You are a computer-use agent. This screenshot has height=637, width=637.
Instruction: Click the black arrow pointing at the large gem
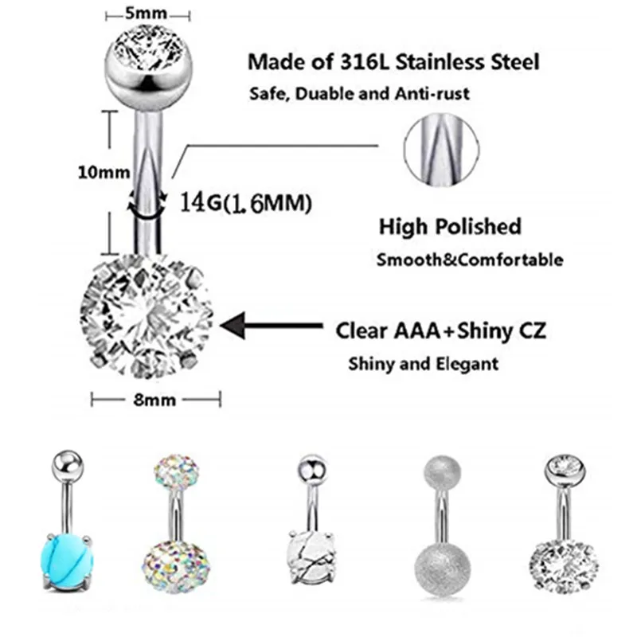point(272,326)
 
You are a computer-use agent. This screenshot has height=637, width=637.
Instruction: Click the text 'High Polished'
point(450,226)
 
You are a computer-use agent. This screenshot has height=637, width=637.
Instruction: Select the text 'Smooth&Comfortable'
point(470,260)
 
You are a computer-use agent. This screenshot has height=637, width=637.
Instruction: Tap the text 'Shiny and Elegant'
point(423,364)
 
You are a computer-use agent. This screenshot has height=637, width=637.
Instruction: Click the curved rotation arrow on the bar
point(145,203)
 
